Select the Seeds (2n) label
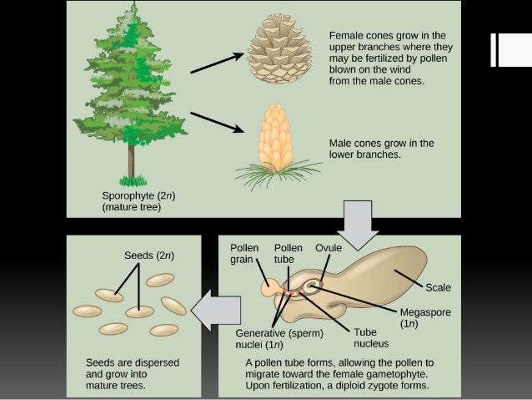[x=149, y=255]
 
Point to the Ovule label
[x=328, y=248]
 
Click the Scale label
[x=438, y=287]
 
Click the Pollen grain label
[x=244, y=254]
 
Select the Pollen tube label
[x=289, y=254]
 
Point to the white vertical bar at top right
[x=504, y=49]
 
